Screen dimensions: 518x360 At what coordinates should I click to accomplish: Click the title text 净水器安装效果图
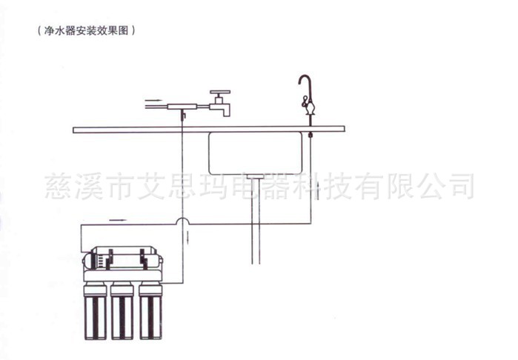86,31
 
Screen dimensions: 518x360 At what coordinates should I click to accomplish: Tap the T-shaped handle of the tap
220,93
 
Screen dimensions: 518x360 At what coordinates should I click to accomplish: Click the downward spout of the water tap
227,110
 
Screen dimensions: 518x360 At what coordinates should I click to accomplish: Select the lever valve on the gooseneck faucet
305,100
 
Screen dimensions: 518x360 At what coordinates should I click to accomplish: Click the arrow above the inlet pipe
153,100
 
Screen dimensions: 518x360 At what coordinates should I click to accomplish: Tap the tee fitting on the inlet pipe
182,107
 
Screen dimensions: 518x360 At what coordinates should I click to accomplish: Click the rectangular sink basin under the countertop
255,153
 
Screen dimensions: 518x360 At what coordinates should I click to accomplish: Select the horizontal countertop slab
209,129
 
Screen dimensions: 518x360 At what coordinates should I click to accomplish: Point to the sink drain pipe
256,221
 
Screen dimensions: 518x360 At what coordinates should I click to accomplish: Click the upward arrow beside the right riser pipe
318,190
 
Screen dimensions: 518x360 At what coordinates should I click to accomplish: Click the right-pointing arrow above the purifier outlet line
118,220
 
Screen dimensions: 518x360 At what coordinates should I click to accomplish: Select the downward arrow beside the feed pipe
188,237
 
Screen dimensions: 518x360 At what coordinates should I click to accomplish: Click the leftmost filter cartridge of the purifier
96,311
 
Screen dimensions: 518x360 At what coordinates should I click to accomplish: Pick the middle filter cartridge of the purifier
122,311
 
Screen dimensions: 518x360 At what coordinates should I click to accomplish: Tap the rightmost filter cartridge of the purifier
150,311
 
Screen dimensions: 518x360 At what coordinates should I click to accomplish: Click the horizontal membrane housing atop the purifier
122,258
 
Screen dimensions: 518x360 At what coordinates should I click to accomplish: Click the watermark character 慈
59,187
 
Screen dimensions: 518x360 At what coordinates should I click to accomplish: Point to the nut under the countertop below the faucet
311,135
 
